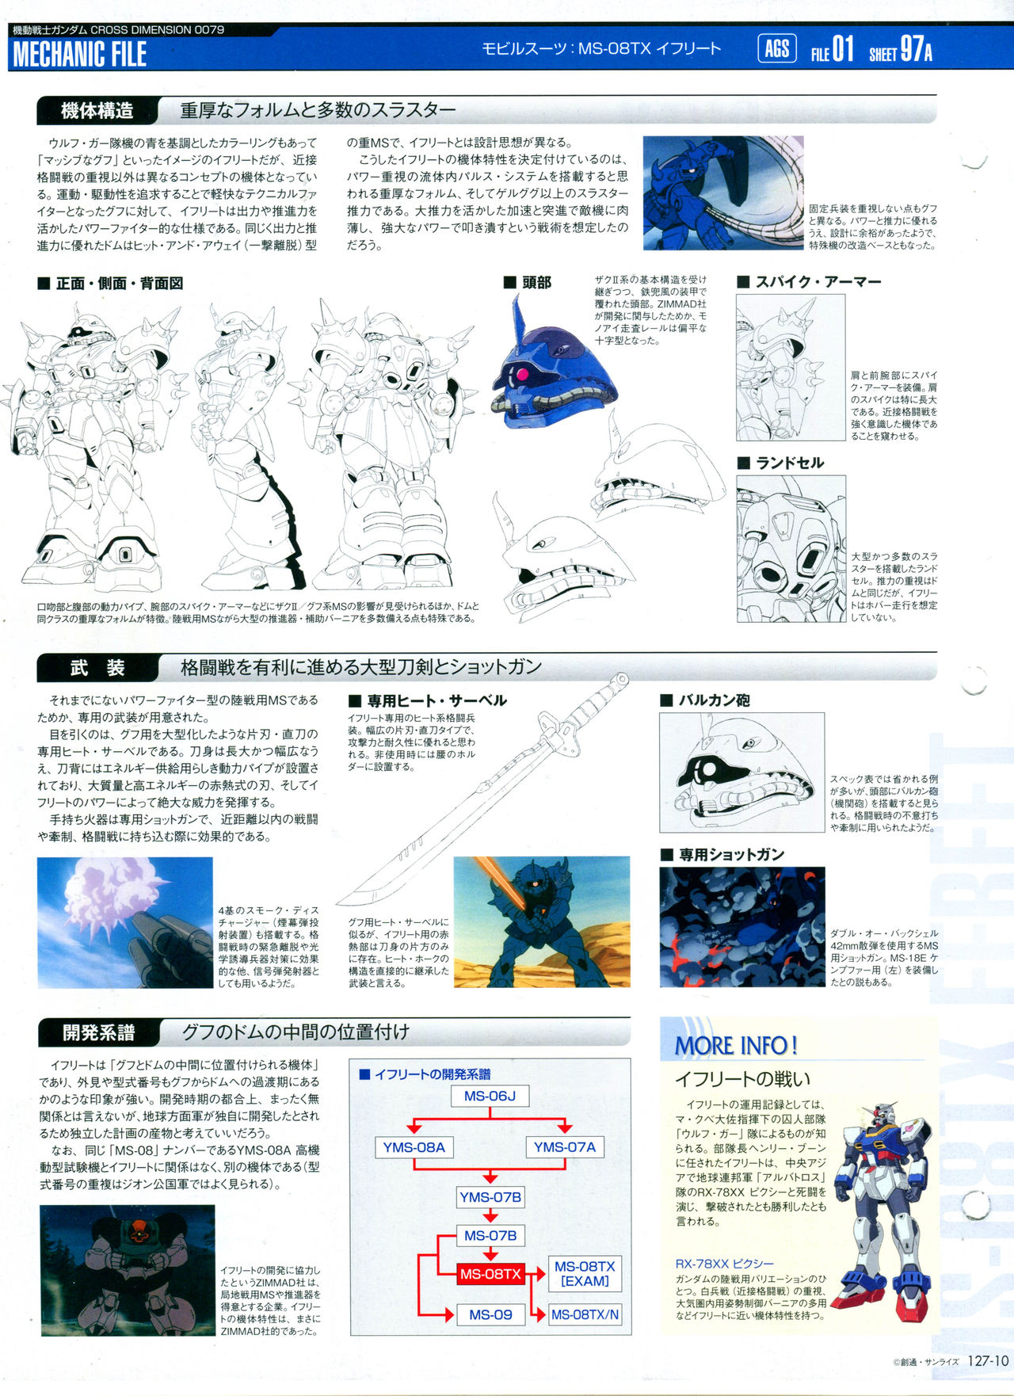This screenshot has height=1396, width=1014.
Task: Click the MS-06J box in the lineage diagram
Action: (x=490, y=1097)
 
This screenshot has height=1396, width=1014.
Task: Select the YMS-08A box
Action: (x=414, y=1147)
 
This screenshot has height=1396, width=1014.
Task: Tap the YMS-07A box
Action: (x=564, y=1147)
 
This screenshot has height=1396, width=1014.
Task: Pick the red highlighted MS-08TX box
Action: (x=490, y=1274)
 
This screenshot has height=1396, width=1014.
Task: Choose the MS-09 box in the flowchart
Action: (x=490, y=1314)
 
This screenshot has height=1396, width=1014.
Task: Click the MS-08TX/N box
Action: (x=585, y=1314)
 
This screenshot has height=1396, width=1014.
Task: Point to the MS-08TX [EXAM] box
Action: (x=585, y=1273)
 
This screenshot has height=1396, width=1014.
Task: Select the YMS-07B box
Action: (x=490, y=1197)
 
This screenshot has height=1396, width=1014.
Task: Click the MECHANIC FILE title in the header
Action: (x=80, y=54)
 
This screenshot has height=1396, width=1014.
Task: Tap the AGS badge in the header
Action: (x=776, y=49)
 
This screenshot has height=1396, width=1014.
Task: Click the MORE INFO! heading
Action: (x=736, y=1046)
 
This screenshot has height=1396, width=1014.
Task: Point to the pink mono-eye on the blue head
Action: (x=522, y=374)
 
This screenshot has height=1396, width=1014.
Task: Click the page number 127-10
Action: (x=987, y=1361)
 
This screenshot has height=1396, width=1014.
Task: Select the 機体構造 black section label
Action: (x=97, y=111)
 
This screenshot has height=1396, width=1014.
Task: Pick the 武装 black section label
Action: (x=97, y=668)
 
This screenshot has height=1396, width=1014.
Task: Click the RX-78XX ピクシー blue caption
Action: (x=724, y=1264)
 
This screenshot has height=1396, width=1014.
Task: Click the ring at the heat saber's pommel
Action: (x=622, y=679)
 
